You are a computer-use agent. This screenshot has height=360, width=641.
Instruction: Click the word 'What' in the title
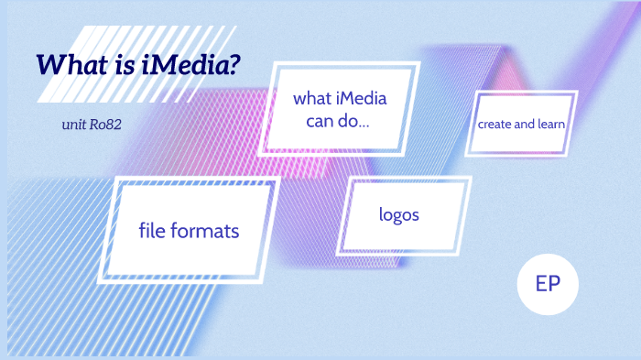[70, 65]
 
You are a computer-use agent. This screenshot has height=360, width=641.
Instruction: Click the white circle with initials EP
[548, 283]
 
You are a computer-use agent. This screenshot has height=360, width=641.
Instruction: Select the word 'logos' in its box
[398, 215]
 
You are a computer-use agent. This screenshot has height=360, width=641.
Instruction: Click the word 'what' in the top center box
[312, 98]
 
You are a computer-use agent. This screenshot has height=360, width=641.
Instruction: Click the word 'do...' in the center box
[352, 120]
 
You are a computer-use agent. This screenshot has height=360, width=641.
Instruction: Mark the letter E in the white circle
[540, 283]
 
